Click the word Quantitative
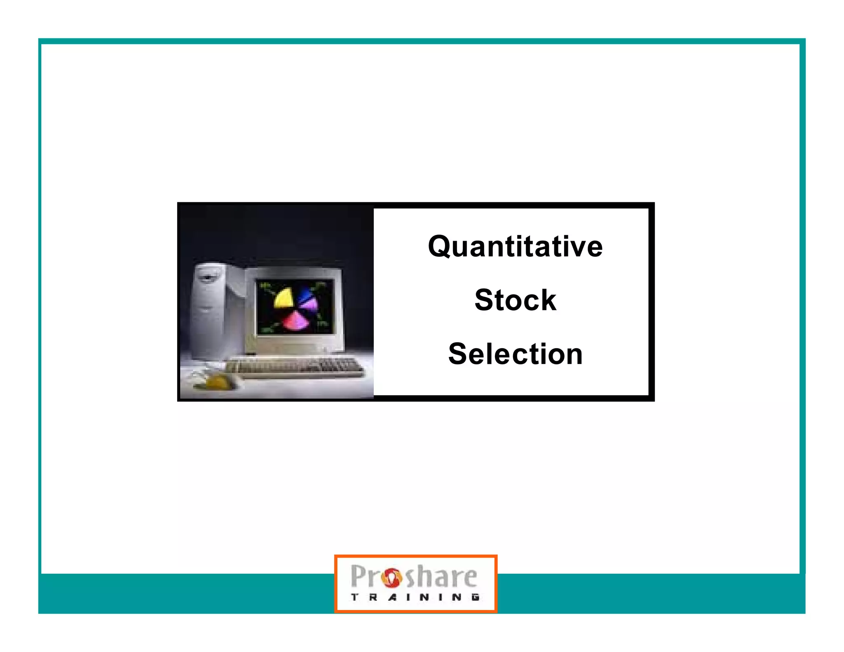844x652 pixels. click(515, 246)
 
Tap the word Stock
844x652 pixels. click(515, 300)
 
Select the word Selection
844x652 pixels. click(515, 354)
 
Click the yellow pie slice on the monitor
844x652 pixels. click(284, 298)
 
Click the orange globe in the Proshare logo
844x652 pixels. click(391, 577)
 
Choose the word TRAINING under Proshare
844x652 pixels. click(415, 597)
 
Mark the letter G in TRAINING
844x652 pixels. click(476, 597)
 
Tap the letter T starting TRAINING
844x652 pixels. click(354, 597)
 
